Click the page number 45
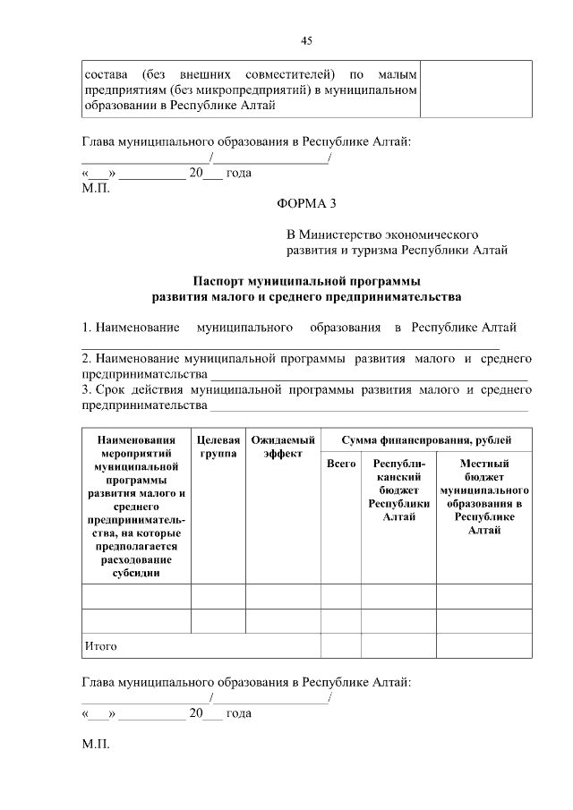coord(306,40)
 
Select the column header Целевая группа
coord(218,448)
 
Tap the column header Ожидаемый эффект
coord(283,448)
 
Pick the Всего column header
coord(341,465)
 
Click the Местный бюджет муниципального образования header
coord(483,498)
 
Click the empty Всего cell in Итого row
coord(341,645)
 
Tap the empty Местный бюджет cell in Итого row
coord(483,645)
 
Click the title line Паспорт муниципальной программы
coord(306,280)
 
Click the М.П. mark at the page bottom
coord(95,745)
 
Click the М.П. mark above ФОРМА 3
coord(95,190)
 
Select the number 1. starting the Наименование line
coord(87,328)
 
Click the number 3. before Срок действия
coord(87,390)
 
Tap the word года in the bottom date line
coord(238,713)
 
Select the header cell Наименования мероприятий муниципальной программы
coord(136,505)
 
